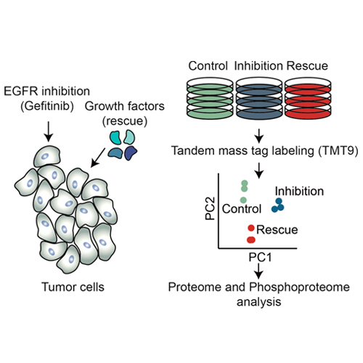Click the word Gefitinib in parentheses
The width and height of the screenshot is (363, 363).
(x=47, y=106)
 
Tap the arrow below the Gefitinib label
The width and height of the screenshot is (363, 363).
(x=49, y=131)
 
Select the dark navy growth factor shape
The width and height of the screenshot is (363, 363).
(x=131, y=153)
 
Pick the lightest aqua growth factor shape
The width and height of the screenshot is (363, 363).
(x=129, y=136)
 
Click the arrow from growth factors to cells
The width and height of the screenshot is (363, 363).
(x=98, y=158)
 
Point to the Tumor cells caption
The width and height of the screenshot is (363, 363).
(x=73, y=287)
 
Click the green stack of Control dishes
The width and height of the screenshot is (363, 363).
(x=210, y=99)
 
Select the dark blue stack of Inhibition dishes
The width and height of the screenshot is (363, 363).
(x=259, y=99)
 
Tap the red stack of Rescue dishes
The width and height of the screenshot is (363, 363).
(x=308, y=99)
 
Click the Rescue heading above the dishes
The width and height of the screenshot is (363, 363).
(x=307, y=66)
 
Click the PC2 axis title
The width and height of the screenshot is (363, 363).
(x=210, y=208)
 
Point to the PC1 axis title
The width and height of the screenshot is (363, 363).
(x=260, y=257)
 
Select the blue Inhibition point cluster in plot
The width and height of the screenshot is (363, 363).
(x=278, y=205)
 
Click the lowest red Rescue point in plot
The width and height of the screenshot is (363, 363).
(x=251, y=240)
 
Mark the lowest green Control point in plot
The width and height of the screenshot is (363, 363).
(x=244, y=200)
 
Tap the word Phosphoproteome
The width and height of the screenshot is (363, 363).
(x=299, y=287)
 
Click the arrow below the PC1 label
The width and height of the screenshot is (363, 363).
(x=259, y=271)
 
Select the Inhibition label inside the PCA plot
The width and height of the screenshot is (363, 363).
(x=299, y=191)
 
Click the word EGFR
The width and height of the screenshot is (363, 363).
(x=21, y=91)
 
